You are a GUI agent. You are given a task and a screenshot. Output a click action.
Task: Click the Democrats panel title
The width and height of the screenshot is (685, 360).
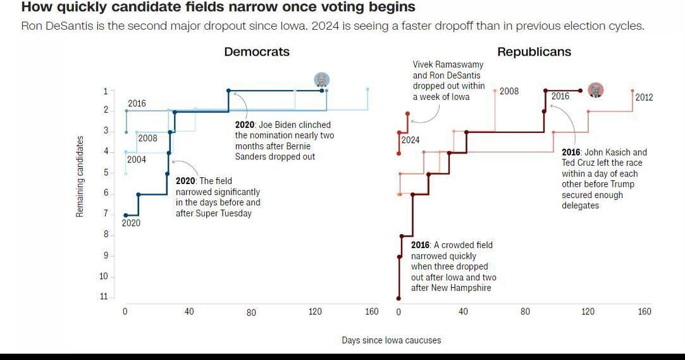click(257, 52)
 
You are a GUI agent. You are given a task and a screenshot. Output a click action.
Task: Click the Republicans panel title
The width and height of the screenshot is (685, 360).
click(534, 52)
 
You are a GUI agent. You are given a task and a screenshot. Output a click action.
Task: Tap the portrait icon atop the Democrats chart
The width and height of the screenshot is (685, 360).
click(322, 80)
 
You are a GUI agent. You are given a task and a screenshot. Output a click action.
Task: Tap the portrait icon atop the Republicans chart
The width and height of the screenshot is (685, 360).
click(595, 90)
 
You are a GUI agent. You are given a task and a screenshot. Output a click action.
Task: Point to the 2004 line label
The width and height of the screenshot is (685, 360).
click(137, 159)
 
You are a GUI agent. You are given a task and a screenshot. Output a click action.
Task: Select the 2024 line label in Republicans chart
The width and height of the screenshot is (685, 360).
click(410, 140)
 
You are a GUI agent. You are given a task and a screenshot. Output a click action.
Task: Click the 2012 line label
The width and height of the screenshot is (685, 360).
click(644, 97)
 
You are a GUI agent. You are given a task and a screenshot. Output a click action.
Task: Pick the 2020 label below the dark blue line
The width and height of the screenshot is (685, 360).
click(131, 223)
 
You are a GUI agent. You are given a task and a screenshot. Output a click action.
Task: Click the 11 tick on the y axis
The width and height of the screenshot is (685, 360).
click(104, 297)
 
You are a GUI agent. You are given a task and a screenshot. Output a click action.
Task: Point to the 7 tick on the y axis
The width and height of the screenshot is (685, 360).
click(106, 214)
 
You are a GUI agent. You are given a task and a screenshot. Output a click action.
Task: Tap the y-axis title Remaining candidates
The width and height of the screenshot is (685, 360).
click(80, 177)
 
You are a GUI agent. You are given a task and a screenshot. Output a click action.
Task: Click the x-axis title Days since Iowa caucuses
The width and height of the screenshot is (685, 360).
click(392, 340)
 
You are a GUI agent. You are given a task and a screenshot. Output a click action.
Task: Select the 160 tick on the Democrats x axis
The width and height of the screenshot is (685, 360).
click(371, 311)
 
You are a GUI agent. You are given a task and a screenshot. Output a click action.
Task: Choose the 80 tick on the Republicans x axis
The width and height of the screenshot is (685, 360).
click(525, 311)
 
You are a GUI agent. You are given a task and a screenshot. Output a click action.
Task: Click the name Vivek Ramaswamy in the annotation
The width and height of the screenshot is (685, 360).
click(448, 65)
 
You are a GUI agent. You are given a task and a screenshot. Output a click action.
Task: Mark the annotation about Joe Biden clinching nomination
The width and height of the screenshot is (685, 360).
click(284, 140)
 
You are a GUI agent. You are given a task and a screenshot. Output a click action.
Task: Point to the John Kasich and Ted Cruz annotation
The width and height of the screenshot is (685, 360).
click(604, 178)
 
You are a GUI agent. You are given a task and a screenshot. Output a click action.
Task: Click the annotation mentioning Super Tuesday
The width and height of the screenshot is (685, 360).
click(218, 197)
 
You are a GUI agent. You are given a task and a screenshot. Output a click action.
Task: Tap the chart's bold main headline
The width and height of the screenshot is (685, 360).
click(218, 8)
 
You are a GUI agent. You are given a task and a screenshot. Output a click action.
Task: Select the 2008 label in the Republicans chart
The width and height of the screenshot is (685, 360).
click(509, 91)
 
